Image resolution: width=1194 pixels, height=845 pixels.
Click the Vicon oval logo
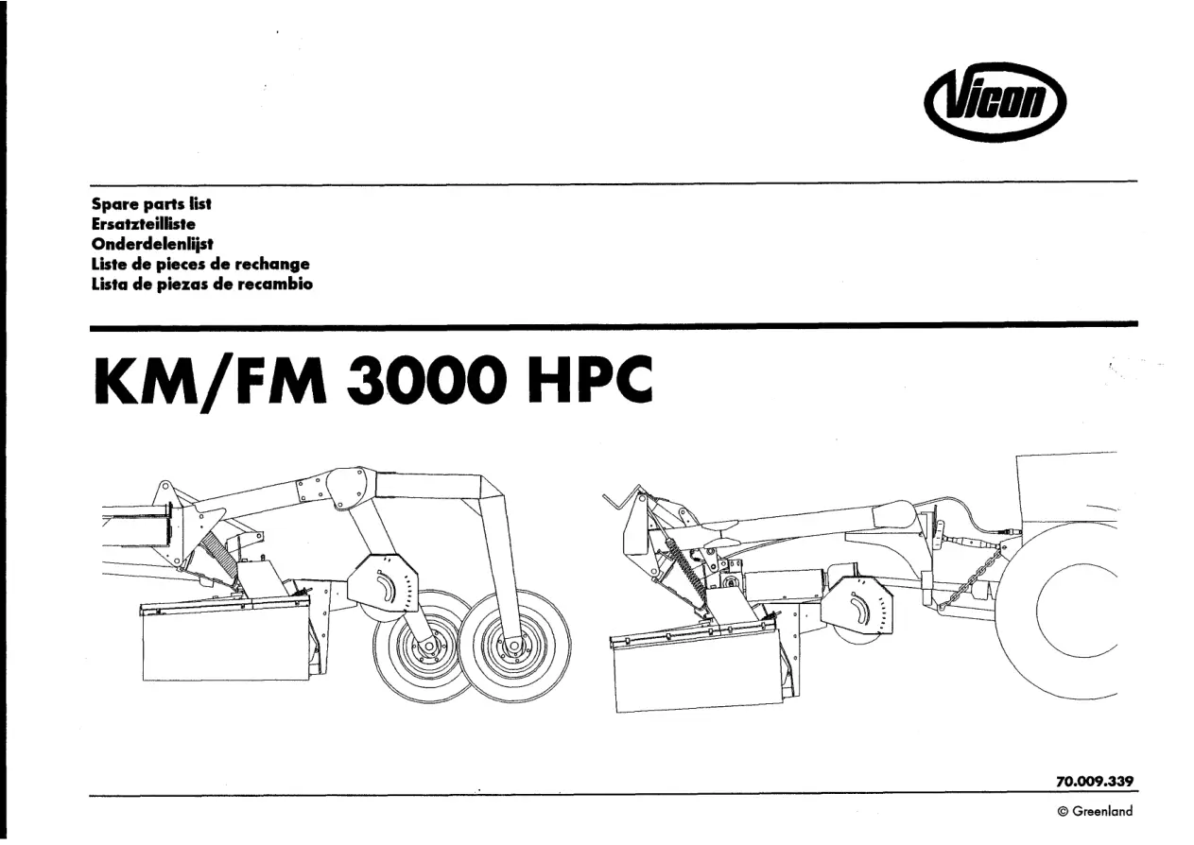click(x=995, y=102)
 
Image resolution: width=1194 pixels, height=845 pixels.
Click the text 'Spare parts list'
click(x=151, y=203)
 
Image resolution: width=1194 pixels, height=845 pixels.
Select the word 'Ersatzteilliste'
click(x=143, y=223)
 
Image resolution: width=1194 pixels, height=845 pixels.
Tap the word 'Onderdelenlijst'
click(x=152, y=244)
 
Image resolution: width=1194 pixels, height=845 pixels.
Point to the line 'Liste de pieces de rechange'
click(x=200, y=264)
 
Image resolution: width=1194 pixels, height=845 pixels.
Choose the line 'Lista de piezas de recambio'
click(x=202, y=284)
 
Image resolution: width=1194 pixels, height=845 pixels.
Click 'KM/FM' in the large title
click(x=210, y=380)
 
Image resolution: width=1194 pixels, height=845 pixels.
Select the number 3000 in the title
click(x=426, y=380)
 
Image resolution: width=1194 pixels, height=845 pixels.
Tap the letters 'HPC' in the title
click(x=590, y=380)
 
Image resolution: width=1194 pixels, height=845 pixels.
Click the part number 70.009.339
click(x=1095, y=781)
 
